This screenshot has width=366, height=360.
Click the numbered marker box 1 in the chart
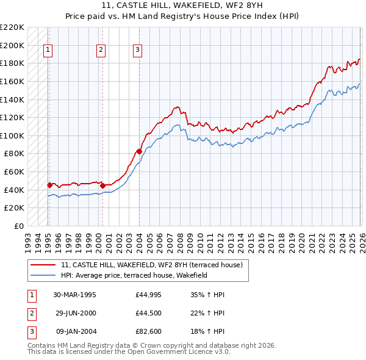[x=48, y=51]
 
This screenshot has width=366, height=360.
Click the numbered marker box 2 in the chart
[x=101, y=51]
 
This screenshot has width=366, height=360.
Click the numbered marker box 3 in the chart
[x=138, y=51]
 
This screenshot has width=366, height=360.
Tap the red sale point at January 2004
[x=139, y=151]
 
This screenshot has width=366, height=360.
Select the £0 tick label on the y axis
[x=18, y=226]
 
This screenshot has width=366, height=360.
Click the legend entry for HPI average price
[x=134, y=276]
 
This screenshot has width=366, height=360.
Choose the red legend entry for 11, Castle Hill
[x=152, y=265]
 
